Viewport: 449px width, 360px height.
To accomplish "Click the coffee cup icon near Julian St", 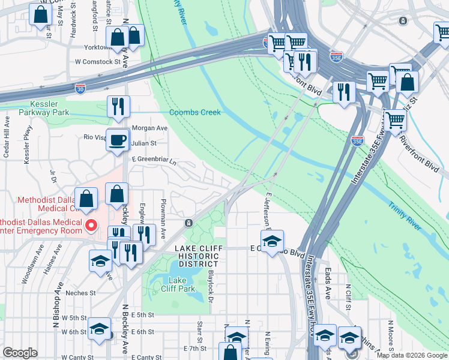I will click(x=117, y=140).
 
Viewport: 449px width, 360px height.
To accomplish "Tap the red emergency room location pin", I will click(x=91, y=226).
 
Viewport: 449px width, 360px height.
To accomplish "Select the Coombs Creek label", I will click(x=194, y=112).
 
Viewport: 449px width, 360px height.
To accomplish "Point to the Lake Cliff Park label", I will click(x=182, y=284).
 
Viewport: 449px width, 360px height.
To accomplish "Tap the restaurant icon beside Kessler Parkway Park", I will click(x=118, y=106).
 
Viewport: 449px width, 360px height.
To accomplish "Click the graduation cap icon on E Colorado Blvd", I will click(x=272, y=241).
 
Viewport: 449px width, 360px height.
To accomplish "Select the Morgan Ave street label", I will click(x=149, y=128).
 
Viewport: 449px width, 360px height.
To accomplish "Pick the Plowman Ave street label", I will click(x=163, y=211).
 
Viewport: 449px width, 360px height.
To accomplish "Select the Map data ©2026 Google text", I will click(x=412, y=355).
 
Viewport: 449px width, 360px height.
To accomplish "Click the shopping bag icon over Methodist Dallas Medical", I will click(x=86, y=199).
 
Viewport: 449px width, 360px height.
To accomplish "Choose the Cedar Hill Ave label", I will click(x=7, y=142).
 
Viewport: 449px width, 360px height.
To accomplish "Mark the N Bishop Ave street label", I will click(x=59, y=298).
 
